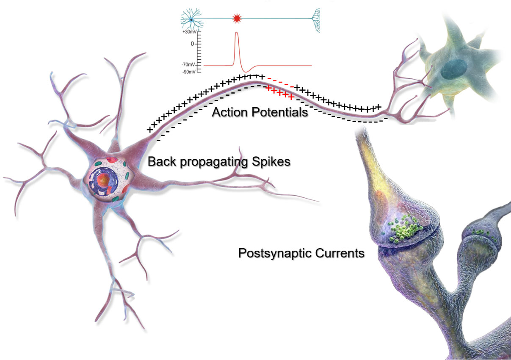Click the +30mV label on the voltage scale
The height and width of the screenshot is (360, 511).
pyautogui.click(x=189, y=32)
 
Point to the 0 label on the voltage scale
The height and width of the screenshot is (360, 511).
pyautogui.click(x=192, y=44)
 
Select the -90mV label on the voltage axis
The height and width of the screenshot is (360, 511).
pyautogui.click(x=189, y=72)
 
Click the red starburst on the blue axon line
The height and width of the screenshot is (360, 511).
pyautogui.click(x=237, y=19)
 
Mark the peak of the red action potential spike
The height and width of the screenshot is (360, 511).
pyautogui.click(x=237, y=33)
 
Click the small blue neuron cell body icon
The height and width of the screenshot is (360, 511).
pyautogui.click(x=191, y=19)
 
